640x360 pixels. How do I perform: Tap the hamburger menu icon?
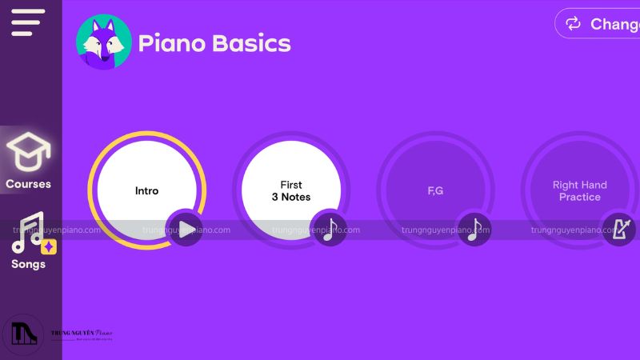[27, 22]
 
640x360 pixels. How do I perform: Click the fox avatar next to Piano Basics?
[104, 42]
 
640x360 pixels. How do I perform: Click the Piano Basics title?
[214, 42]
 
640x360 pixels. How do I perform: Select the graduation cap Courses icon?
[29, 152]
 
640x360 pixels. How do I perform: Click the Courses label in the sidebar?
[29, 184]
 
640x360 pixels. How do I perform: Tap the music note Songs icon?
[29, 232]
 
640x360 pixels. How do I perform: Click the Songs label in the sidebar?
[29, 264]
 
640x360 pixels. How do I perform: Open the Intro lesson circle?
[146, 190]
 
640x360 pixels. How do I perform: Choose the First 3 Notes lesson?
[291, 190]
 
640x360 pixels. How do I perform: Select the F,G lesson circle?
[435, 190]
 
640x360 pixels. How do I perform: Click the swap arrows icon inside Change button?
[574, 24]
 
